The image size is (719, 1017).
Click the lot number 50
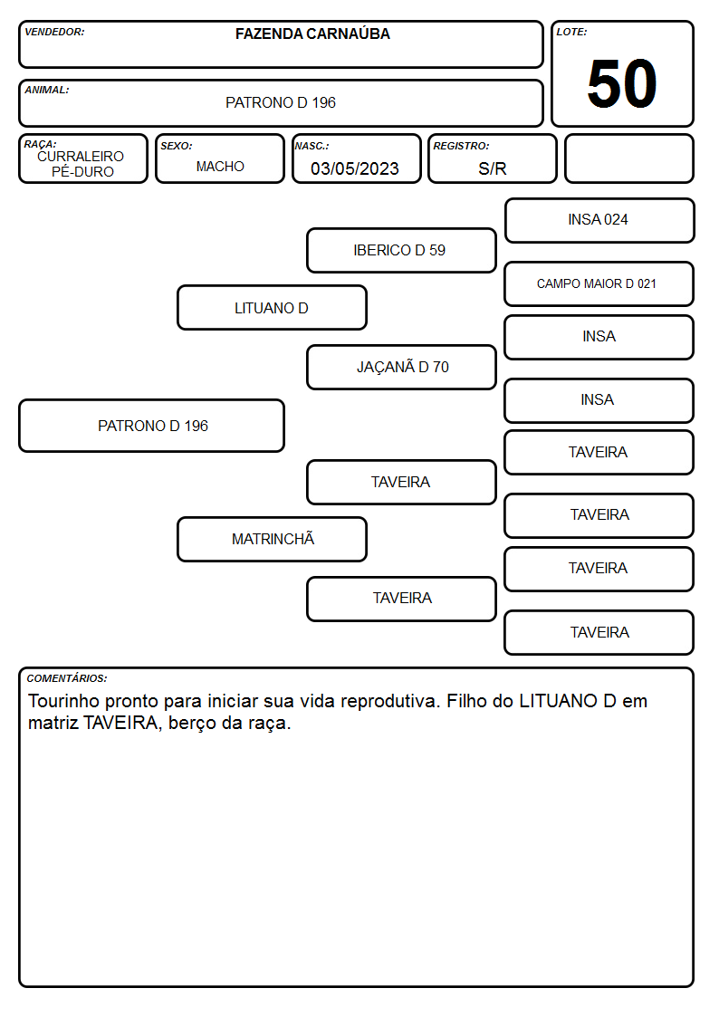point(622,83)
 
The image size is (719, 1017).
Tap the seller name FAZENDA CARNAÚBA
point(312,34)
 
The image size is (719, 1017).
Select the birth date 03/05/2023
point(355,168)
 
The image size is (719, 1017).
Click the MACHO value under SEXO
point(220,167)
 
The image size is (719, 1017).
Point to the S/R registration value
point(492,168)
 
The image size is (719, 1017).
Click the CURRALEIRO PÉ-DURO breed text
point(81,163)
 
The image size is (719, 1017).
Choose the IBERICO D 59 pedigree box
point(401,250)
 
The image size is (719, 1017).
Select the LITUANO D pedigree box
point(272,308)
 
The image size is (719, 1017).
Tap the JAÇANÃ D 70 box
point(401,367)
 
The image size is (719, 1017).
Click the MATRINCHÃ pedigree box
point(272,539)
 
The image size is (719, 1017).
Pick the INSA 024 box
point(599,221)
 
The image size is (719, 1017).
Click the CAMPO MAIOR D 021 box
point(599,284)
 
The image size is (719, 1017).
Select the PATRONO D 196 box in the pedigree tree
point(152,426)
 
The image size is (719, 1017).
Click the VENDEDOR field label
point(54,32)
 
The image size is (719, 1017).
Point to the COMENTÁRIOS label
point(67,678)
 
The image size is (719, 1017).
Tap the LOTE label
point(571,32)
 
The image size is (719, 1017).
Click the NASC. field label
point(312,146)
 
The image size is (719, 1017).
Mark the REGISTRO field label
point(461,146)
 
